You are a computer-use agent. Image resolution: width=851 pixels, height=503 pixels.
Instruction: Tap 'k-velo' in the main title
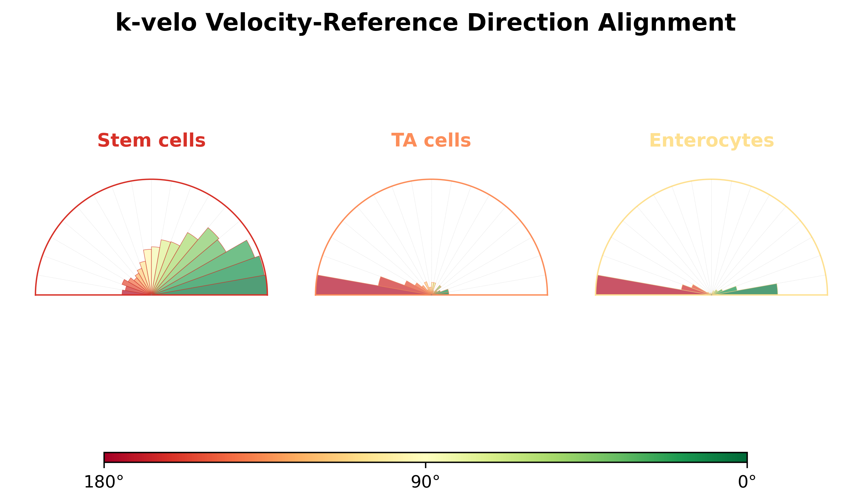point(156,22)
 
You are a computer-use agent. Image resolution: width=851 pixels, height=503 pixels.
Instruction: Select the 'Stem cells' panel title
point(151,140)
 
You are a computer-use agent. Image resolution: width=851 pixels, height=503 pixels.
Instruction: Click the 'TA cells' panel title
point(431,140)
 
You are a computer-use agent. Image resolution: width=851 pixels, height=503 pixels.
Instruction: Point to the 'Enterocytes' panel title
point(711,141)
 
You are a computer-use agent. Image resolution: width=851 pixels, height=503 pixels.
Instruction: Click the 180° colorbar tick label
point(104,482)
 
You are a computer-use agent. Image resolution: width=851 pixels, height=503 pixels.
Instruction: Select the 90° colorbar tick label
point(425,482)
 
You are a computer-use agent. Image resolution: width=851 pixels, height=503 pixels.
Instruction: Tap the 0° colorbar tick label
point(747,482)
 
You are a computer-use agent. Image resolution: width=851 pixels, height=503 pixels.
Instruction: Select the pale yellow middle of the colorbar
point(425,457)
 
